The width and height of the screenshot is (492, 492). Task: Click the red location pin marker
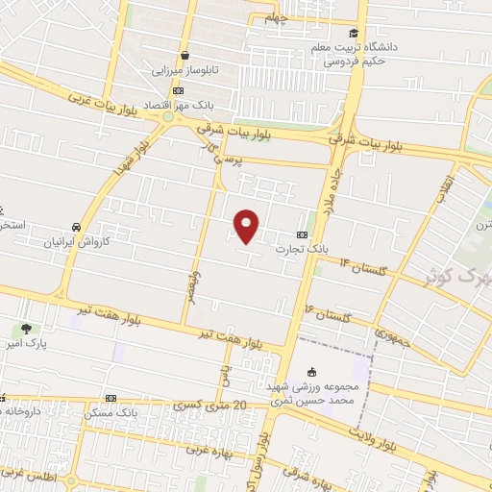[x=247, y=225]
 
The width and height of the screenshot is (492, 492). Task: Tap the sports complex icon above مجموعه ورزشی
[x=310, y=373]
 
